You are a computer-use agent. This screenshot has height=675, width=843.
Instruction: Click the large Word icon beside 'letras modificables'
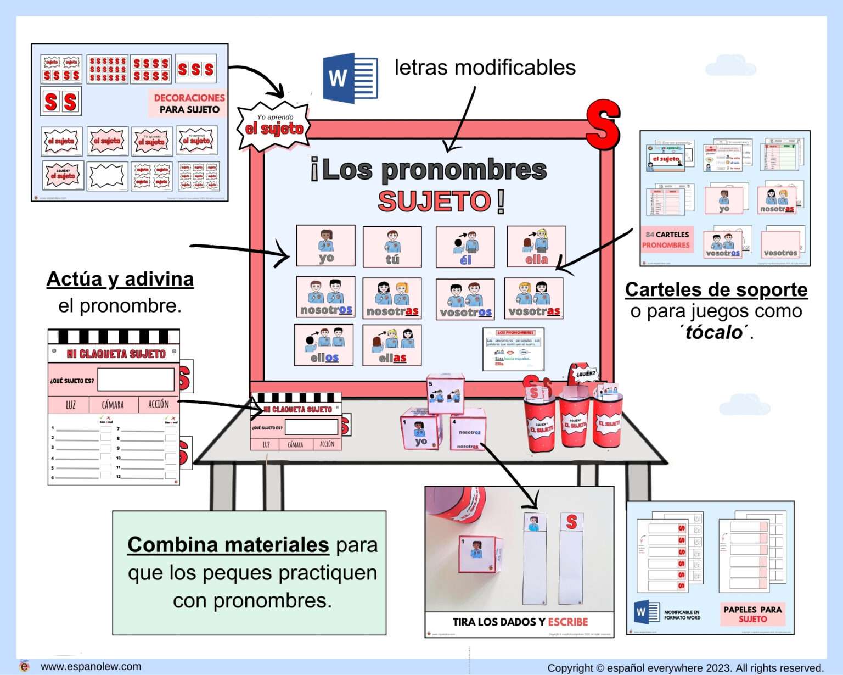(350, 78)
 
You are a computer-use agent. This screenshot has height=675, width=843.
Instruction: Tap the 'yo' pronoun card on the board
(325, 246)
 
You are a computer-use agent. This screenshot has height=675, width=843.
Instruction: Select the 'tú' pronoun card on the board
(392, 247)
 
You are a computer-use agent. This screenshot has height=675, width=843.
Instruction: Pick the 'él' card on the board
(465, 247)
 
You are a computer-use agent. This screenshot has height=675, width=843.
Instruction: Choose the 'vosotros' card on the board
(465, 299)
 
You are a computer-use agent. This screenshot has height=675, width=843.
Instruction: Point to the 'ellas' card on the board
(392, 345)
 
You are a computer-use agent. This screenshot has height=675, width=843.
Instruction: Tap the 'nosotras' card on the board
(392, 298)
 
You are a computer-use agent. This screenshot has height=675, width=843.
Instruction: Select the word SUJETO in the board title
(434, 201)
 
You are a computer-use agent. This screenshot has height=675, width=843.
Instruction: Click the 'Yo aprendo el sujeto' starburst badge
(274, 125)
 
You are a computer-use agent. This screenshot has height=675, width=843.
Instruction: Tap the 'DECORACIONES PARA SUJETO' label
(189, 103)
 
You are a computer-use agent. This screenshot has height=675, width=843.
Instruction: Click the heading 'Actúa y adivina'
(120, 279)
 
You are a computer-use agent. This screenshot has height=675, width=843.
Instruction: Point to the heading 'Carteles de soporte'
(716, 289)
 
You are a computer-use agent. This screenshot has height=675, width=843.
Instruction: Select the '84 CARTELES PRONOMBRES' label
(666, 240)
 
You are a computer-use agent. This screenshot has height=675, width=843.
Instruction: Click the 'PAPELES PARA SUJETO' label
(752, 614)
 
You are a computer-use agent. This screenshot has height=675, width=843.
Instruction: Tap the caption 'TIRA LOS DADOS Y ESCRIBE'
(519, 622)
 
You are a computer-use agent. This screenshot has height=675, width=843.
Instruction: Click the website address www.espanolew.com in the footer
(91, 666)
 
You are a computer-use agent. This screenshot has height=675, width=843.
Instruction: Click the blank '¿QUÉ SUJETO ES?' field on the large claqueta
(136, 380)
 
